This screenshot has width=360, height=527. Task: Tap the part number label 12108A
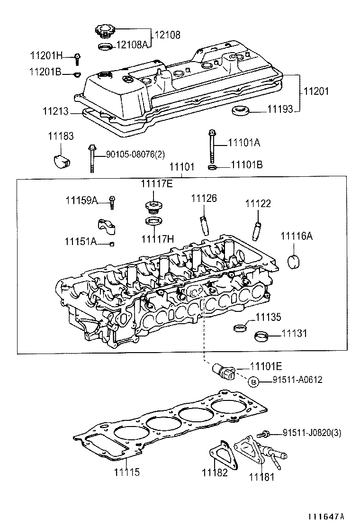click(x=133, y=45)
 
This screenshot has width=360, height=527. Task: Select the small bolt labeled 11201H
click(x=77, y=58)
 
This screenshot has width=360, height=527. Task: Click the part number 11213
click(x=55, y=112)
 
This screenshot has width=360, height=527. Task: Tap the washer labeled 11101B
click(x=212, y=167)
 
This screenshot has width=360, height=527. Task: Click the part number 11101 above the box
click(x=182, y=167)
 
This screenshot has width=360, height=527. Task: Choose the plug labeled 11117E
click(x=152, y=208)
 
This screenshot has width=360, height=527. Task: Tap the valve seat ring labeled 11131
click(x=261, y=336)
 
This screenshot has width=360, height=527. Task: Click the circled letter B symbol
click(x=253, y=382)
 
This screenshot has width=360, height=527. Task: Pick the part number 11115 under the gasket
click(x=126, y=472)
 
